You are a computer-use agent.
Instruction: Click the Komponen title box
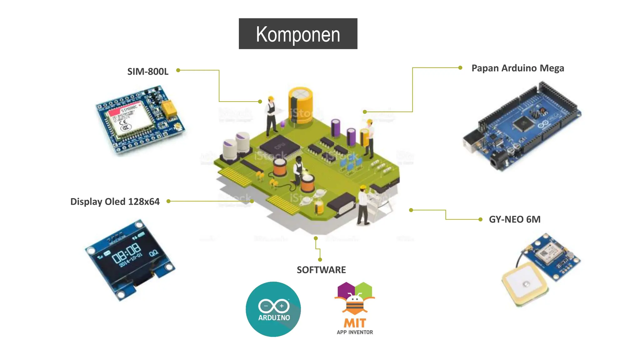pos(298,34)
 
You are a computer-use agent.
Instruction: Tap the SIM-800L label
pos(148,72)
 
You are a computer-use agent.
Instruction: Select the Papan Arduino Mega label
pos(517,68)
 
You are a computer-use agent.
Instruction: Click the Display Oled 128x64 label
pos(115,202)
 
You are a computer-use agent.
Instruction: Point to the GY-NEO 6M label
pos(514,219)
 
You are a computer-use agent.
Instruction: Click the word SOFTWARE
pos(321,270)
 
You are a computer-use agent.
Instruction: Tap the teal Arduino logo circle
pos(273,309)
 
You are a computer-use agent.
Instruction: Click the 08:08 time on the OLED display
pos(126,253)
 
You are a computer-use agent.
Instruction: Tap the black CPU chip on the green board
pos(279,146)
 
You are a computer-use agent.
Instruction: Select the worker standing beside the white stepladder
pos(363,205)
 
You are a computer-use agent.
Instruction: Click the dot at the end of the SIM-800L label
pos(178,70)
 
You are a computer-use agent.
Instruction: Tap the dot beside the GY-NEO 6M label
pos(480,219)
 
